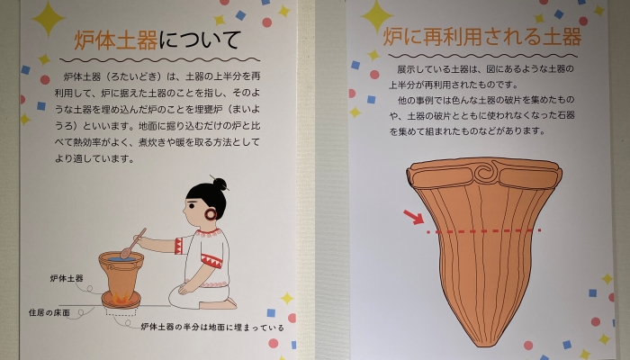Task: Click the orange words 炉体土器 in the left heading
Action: pos(116,40)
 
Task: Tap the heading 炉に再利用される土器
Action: pos(482,37)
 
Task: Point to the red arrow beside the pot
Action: pos(413,217)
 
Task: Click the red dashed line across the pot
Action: pos(484,231)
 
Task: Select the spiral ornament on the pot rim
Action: pos(483,173)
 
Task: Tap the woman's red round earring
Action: pos(211,214)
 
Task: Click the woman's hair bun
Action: pos(220,184)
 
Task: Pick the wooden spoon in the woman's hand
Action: pos(133,244)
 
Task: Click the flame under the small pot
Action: pos(121,298)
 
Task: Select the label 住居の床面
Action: pos(49,312)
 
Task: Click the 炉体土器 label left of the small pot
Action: pos(67,278)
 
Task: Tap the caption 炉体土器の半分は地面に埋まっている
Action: pos(212,328)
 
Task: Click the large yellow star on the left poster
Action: pos(49,19)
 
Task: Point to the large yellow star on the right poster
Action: pos(377,16)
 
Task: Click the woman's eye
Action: pos(192,206)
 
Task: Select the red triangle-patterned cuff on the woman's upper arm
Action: pos(178,246)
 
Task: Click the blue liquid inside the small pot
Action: pos(121,259)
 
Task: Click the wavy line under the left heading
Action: pos(160,60)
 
